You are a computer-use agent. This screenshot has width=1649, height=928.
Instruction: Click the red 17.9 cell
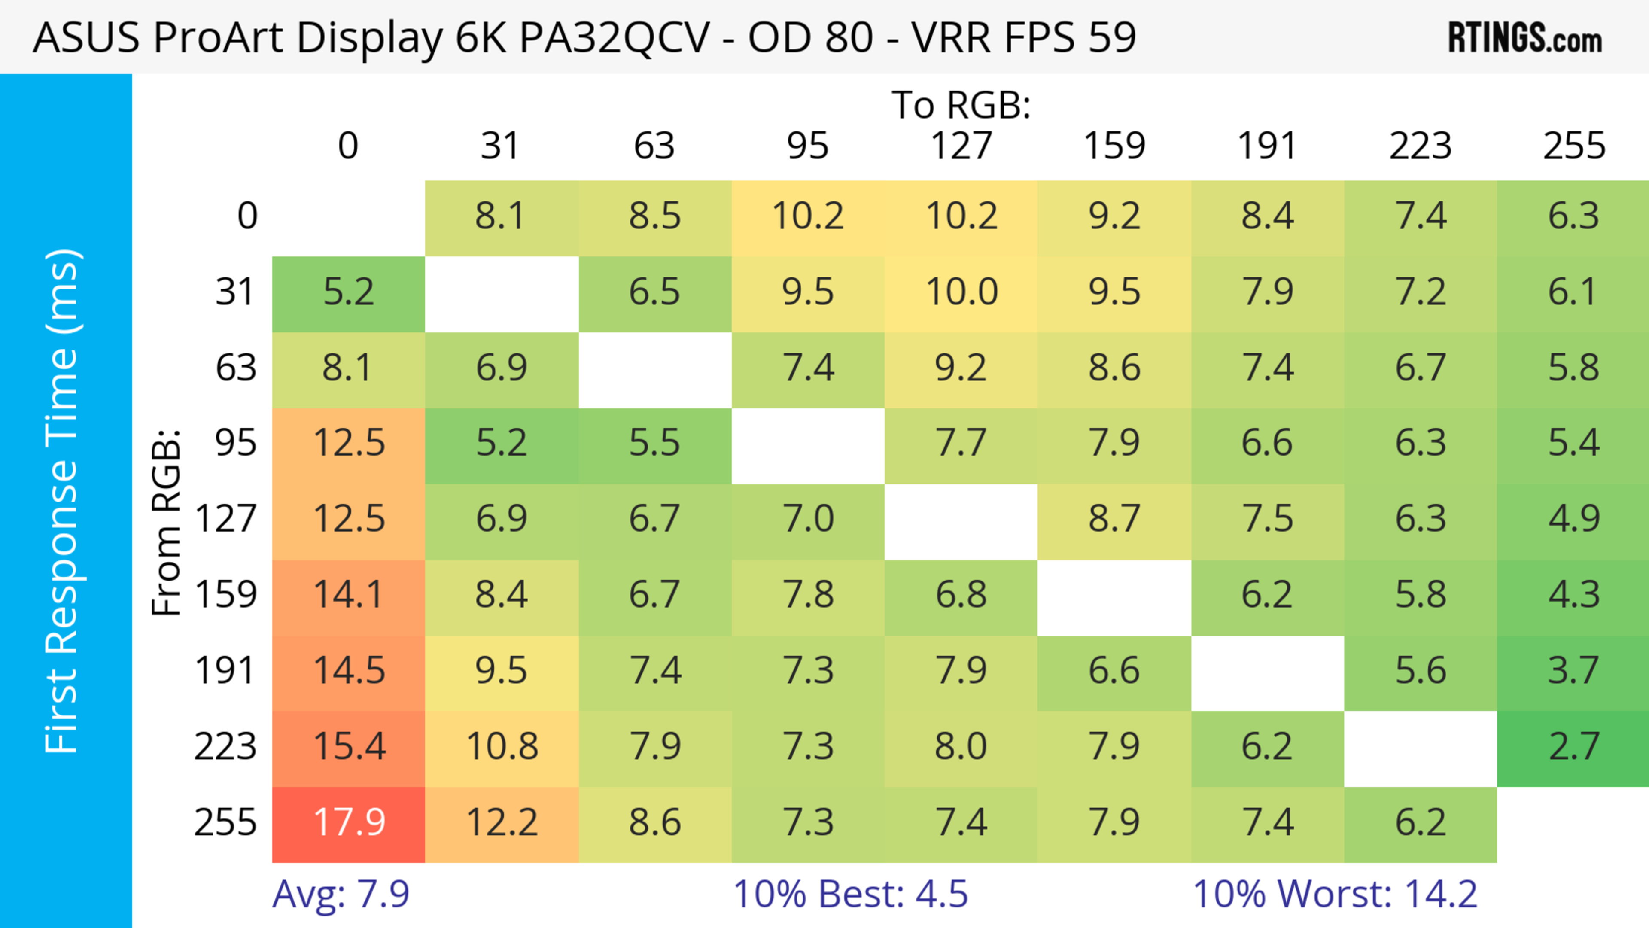349,822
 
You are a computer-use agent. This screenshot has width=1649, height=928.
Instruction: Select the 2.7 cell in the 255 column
1573,747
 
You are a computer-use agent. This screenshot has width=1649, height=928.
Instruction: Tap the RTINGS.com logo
1525,38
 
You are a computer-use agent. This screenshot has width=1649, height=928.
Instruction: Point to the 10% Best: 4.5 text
850,894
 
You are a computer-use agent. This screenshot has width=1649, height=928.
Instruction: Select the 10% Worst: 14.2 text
1335,894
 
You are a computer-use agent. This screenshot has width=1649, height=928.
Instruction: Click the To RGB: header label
961,105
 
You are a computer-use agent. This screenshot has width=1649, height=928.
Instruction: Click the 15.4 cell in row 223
349,747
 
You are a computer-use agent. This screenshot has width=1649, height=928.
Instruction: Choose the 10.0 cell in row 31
961,292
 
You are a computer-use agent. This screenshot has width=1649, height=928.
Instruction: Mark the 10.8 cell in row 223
502,747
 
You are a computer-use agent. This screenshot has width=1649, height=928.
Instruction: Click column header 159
1114,146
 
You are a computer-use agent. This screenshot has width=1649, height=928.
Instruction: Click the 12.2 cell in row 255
502,822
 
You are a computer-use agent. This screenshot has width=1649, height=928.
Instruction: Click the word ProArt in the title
218,37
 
